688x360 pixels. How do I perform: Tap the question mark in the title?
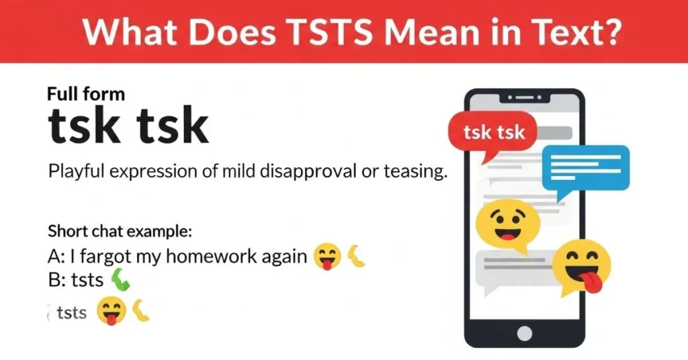608,32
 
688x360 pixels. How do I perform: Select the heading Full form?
86,93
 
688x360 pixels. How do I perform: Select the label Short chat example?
120,232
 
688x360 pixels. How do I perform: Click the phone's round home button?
525,333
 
